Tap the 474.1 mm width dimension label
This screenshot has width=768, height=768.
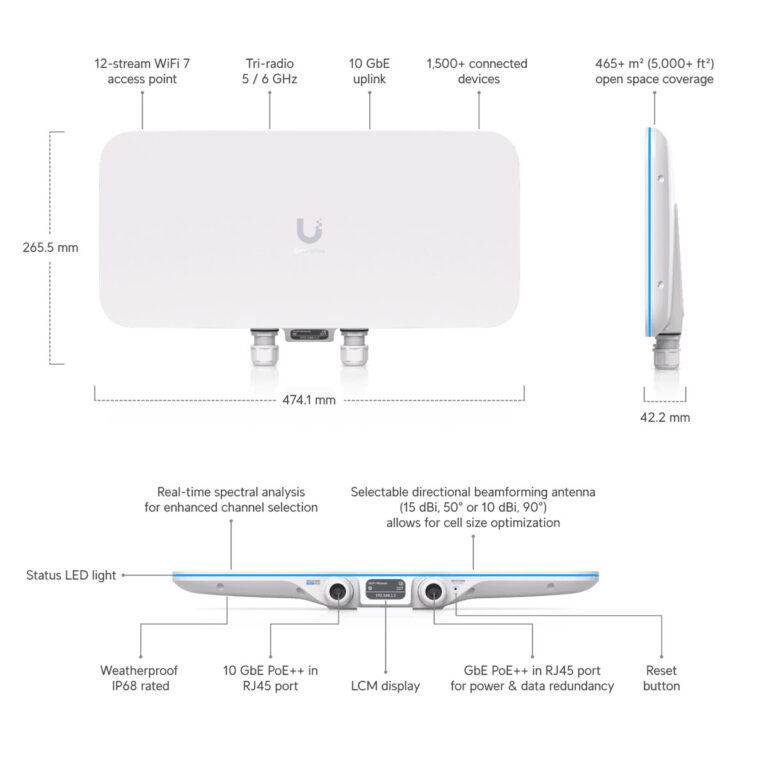309,400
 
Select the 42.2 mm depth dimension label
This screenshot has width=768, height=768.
665,417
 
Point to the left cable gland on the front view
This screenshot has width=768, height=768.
264,354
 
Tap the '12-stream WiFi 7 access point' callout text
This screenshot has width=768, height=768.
142,71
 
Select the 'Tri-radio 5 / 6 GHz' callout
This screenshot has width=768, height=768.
271,71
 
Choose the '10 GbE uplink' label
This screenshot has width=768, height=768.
370,71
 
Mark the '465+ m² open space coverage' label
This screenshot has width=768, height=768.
655,71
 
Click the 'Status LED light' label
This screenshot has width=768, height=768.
71,575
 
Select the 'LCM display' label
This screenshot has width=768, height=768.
386,686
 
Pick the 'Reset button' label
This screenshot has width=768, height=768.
662,678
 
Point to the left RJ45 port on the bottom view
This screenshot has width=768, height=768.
338,591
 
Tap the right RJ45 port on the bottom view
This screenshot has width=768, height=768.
433,591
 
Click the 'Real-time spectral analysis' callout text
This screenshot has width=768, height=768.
231,499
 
